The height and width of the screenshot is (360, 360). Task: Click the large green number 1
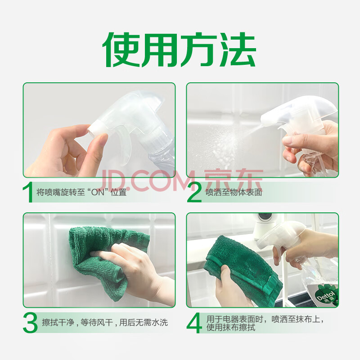point(28,192)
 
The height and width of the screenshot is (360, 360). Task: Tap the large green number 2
point(194,192)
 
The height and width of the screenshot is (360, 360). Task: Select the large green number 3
point(30,323)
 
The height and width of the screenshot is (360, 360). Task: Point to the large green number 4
point(194,323)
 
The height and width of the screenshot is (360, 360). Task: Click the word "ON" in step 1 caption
point(98,192)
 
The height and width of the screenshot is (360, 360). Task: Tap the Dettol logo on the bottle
point(325,297)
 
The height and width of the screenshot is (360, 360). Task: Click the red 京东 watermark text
point(233,180)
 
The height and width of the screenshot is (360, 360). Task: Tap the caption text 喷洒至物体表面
point(234,193)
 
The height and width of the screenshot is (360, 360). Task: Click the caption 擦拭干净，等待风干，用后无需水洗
point(105,323)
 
